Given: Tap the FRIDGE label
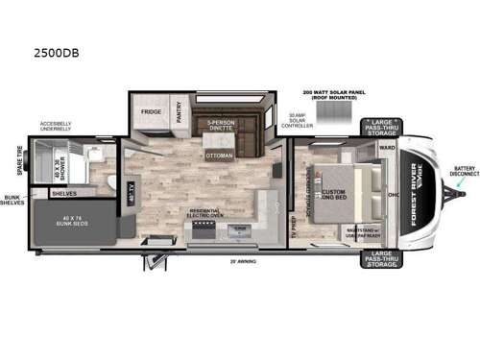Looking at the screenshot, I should [152, 111].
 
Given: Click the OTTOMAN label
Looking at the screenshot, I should [219, 156].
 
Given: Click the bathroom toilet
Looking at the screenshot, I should [111, 182].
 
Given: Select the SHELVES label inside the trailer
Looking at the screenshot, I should [65, 193].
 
